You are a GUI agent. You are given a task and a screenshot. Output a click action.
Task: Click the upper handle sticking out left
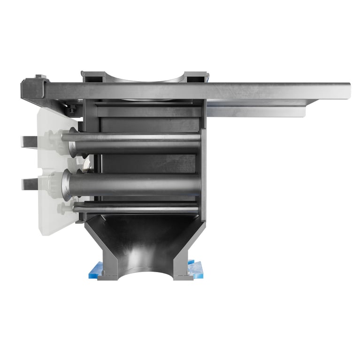(29, 140)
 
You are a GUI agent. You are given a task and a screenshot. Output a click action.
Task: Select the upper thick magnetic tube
(136, 143)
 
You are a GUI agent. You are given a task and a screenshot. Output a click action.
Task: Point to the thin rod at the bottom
(136, 207)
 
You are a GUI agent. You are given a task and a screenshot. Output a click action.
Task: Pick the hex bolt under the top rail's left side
(72, 110)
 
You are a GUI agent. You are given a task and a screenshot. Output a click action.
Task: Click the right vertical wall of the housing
(204, 164)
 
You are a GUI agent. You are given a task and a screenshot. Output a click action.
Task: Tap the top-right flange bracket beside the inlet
(193, 77)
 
